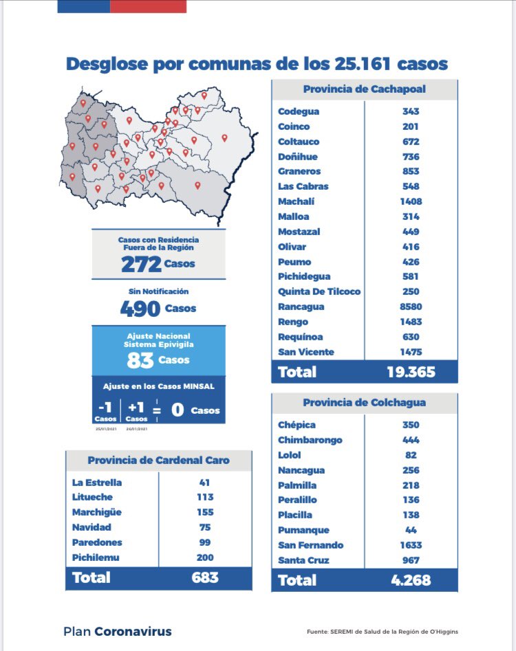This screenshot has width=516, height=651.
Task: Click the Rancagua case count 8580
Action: [411, 307]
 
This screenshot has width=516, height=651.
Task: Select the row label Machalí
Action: [297, 201]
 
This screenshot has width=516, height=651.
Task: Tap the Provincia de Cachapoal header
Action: [364, 89]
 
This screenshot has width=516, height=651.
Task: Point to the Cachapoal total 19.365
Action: [411, 372]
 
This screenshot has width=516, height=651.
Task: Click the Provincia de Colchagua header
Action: [364, 402]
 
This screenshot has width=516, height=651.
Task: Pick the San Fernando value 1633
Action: [411, 545]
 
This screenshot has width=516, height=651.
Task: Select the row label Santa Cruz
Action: [303, 560]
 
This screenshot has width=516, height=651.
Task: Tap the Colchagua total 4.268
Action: [411, 580]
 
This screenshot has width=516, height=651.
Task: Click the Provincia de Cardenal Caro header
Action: [158, 460]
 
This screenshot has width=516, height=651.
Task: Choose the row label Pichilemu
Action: [96, 558]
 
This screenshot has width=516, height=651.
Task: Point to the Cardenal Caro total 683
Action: [205, 577]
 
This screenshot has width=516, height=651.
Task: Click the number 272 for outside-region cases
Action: [141, 264]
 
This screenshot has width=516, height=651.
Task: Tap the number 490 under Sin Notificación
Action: [140, 309]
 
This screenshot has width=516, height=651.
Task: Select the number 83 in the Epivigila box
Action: [140, 360]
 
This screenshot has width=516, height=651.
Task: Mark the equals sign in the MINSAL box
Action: [158, 410]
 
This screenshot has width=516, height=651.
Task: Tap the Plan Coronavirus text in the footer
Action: [117, 631]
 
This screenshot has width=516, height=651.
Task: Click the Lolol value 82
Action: [411, 455]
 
